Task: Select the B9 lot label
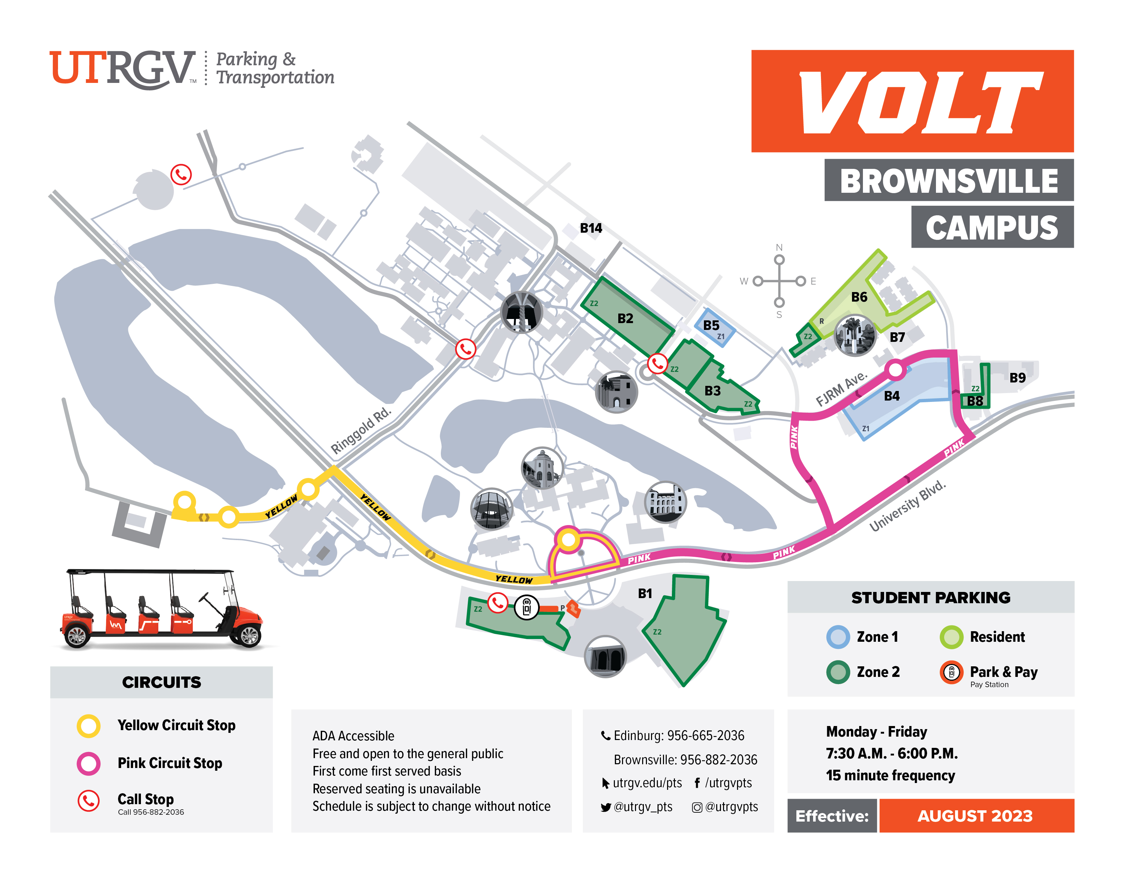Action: [x=1017, y=377]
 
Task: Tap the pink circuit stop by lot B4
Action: [x=895, y=369]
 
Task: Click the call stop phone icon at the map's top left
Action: [x=181, y=175]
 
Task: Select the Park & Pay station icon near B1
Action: [x=526, y=608]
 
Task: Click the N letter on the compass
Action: [x=779, y=247]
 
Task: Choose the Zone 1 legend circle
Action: [x=837, y=637]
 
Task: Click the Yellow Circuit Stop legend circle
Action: [x=89, y=725]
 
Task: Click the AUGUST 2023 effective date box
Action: [x=976, y=815]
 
